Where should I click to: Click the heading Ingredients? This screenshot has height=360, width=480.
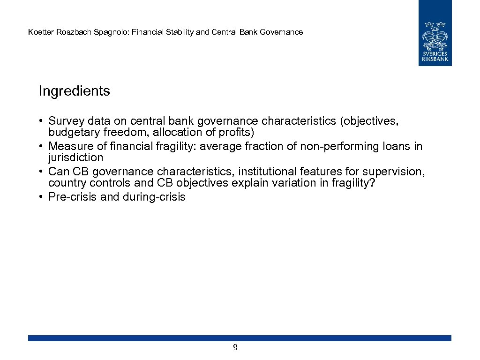point(74,91)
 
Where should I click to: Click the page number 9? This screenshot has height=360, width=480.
point(235,347)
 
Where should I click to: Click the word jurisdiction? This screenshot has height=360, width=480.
point(75,157)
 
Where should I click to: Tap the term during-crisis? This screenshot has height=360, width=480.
point(154,197)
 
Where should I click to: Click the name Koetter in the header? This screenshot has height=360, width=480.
point(39,32)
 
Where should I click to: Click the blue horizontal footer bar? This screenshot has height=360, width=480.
point(240,338)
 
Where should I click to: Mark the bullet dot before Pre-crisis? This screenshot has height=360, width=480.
point(42,197)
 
